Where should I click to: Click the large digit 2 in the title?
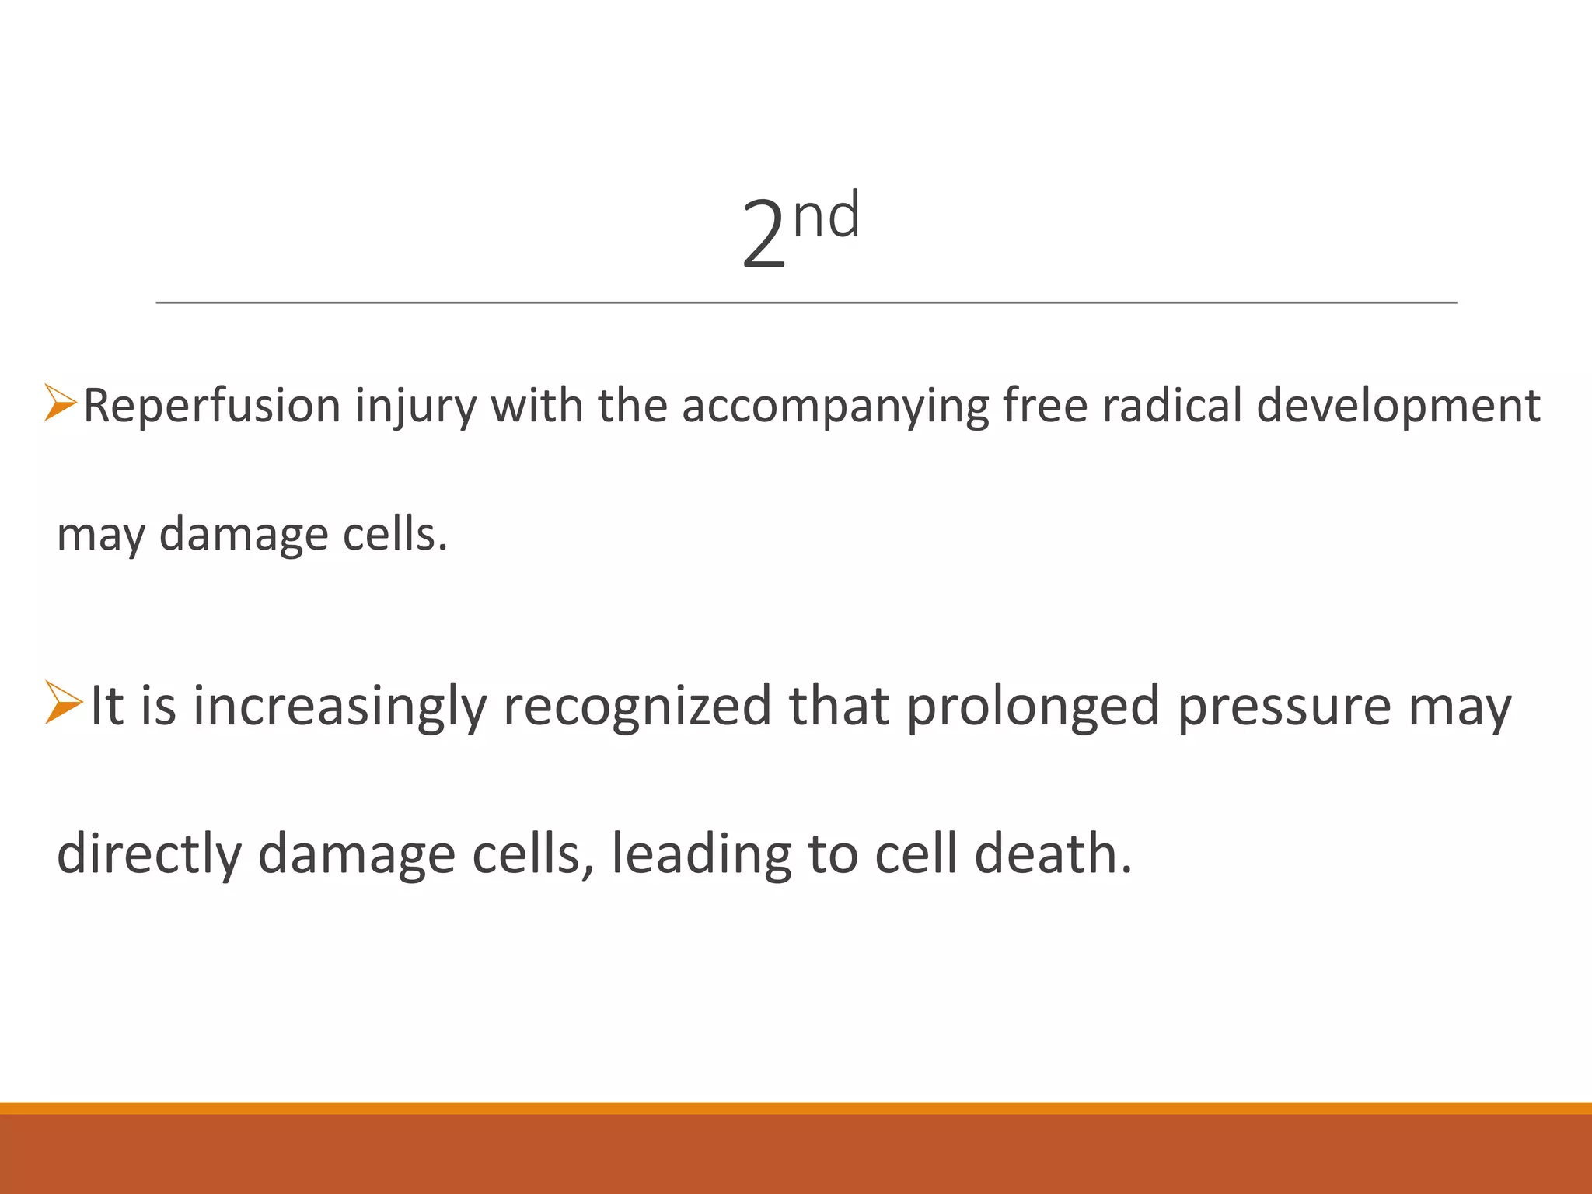point(763,234)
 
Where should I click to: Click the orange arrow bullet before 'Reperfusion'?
point(60,403)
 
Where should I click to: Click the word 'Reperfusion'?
point(212,407)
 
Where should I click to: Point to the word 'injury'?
point(415,407)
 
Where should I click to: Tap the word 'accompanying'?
point(835,407)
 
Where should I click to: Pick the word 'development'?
point(1398,407)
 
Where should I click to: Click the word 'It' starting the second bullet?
point(106,706)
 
